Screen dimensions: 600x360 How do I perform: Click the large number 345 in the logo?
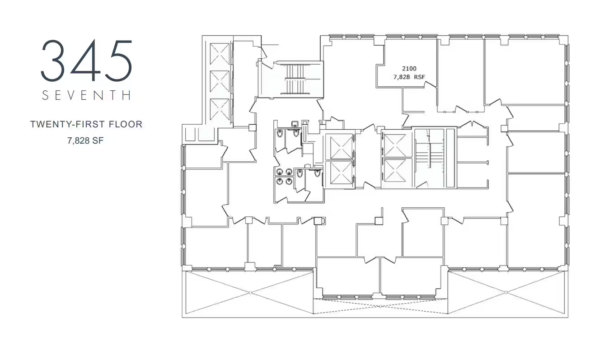click(x=86, y=61)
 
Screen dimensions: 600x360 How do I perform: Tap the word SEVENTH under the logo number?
click(x=86, y=95)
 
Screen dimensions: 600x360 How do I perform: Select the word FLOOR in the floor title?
click(x=125, y=124)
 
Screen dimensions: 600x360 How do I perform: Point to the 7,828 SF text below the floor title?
click(x=85, y=140)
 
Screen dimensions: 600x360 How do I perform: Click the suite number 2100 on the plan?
click(x=409, y=69)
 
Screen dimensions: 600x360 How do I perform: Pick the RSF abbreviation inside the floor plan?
click(x=419, y=77)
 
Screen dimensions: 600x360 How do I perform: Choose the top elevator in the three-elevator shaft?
click(x=220, y=54)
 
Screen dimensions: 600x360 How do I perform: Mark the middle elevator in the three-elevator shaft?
click(x=220, y=81)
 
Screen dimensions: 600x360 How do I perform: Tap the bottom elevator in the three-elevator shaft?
click(x=220, y=109)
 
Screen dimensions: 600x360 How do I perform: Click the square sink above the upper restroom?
click(x=295, y=124)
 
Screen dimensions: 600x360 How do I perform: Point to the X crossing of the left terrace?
click(x=249, y=293)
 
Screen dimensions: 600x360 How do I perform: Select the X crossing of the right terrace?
click(x=506, y=292)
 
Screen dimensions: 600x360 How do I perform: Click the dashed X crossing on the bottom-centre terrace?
click(x=380, y=306)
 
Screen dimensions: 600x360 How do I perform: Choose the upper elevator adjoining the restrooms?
click(x=341, y=146)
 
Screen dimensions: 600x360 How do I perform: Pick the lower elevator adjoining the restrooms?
click(x=341, y=173)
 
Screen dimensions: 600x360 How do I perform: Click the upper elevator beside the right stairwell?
click(x=395, y=145)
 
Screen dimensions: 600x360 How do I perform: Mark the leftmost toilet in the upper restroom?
click(x=280, y=133)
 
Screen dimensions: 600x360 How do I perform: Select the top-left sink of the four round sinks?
click(x=280, y=172)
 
